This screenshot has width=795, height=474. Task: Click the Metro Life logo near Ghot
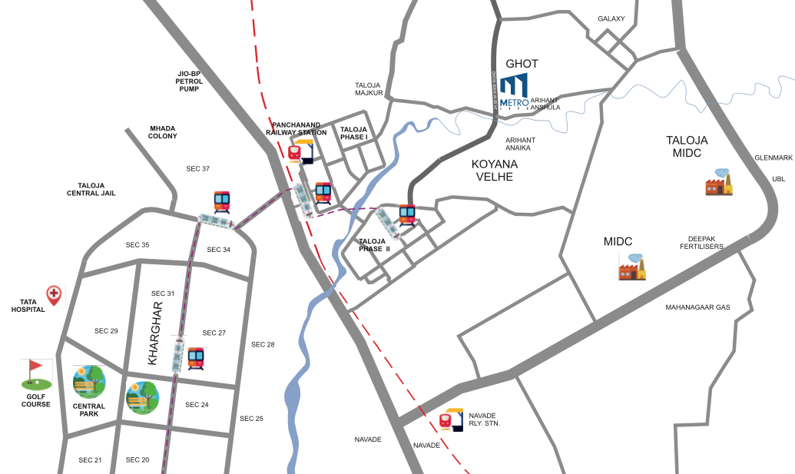[x=514, y=94]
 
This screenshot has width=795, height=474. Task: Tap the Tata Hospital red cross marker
[x=54, y=293]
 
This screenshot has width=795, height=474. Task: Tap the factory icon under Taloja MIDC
[x=719, y=183]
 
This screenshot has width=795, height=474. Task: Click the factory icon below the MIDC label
[x=632, y=267]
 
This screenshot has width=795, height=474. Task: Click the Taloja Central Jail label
[x=97, y=189]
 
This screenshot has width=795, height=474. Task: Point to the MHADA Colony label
[x=163, y=131]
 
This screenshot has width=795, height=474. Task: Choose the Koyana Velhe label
[x=495, y=171]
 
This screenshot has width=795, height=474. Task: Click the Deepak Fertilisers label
[x=701, y=242]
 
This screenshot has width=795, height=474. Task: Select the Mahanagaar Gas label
[x=697, y=307]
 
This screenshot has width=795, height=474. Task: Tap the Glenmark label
[x=773, y=157]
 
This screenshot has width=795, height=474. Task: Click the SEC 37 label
[x=198, y=168]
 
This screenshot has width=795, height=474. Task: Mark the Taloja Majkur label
[x=369, y=89]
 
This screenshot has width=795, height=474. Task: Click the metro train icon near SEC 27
[x=197, y=359]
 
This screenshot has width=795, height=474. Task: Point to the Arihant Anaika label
[x=520, y=144]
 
